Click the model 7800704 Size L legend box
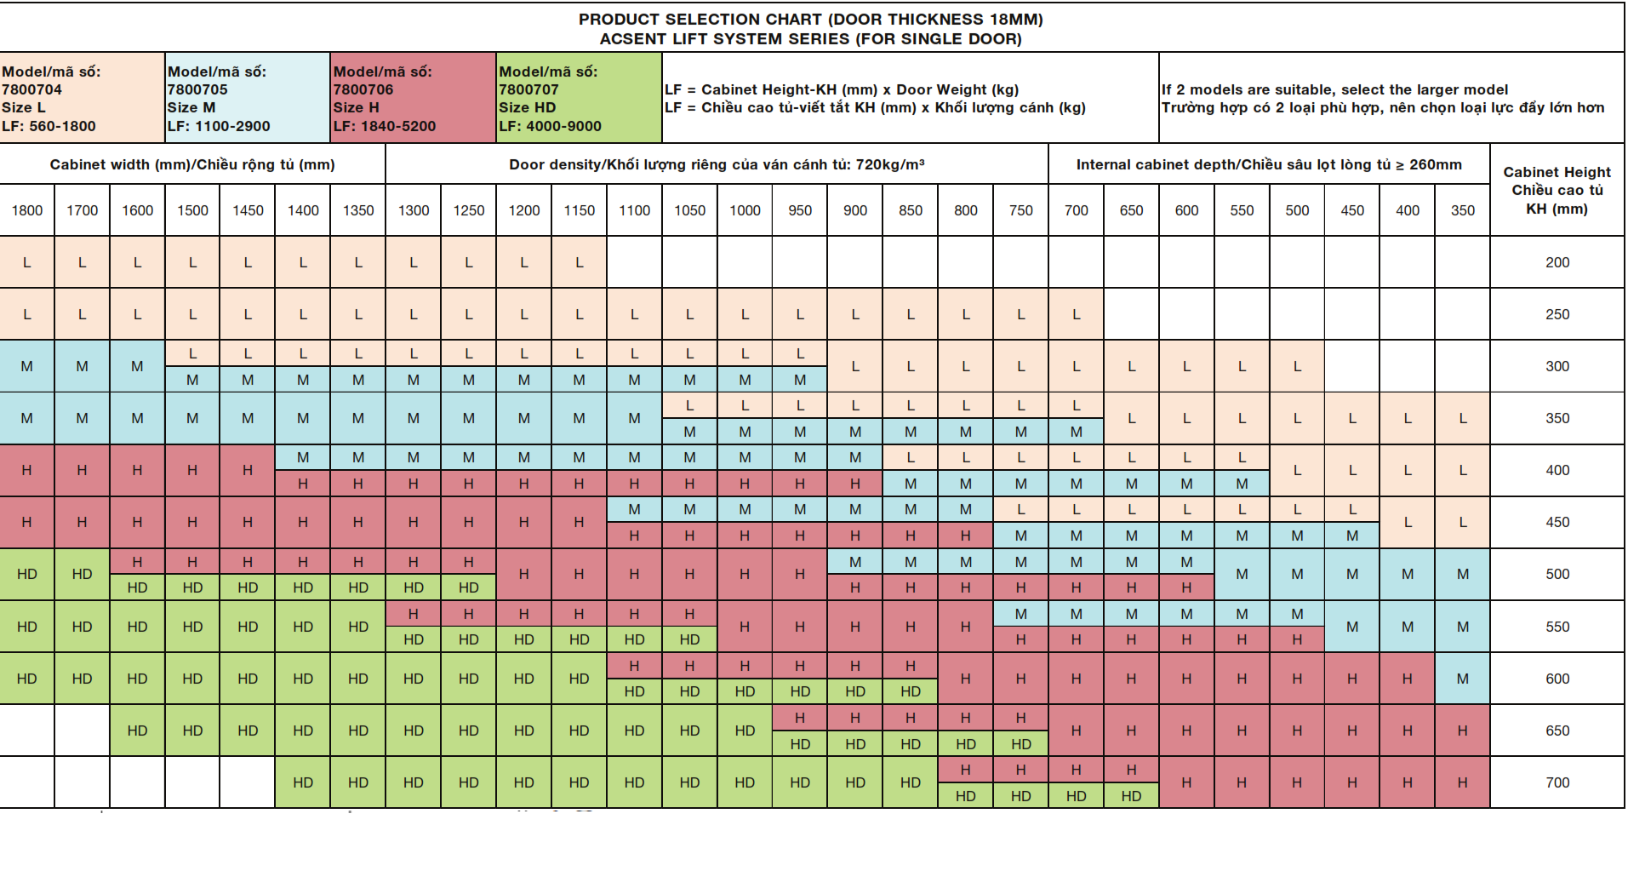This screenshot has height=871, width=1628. tap(82, 98)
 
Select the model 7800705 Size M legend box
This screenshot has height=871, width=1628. tap(248, 98)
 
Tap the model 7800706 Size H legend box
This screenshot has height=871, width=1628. tap(414, 98)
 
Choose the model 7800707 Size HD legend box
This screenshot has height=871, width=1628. tap(580, 98)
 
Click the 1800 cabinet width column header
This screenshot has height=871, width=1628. tap(27, 210)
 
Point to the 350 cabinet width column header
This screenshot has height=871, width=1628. tap(1463, 210)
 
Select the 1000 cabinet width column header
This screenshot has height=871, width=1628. tap(745, 210)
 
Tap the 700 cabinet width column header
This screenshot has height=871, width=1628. tap(1077, 210)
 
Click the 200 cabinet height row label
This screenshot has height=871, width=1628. tap(1557, 262)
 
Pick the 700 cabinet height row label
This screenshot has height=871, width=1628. tap(1557, 782)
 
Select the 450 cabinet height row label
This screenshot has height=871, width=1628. tap(1557, 522)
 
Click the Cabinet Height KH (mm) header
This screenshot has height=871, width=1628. tap(1557, 190)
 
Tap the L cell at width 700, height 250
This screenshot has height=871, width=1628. tap(1077, 314)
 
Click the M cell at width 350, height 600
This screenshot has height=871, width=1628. tap(1463, 679)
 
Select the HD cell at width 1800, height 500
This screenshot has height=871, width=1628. tap(27, 574)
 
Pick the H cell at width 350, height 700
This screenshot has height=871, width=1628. tap(1463, 782)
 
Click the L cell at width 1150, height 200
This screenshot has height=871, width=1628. tap(580, 262)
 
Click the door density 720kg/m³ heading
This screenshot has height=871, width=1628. tap(717, 164)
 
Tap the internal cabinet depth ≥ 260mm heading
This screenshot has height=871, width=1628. tap(1269, 164)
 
